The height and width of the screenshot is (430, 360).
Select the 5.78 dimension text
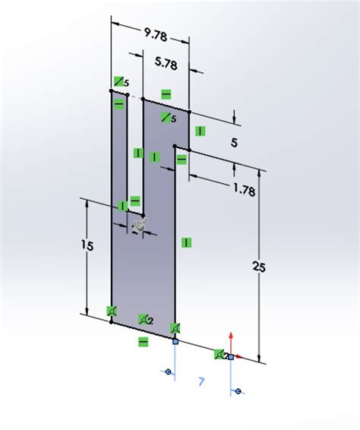coord(166,65)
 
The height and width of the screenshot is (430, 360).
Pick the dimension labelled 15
coord(90,246)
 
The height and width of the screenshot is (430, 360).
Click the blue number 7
coord(201,382)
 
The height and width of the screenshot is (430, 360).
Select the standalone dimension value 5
coord(235,142)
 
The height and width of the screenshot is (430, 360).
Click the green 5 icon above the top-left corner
coord(121,81)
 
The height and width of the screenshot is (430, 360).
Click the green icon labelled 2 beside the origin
coord(222,353)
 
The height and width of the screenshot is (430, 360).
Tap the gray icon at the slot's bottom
coord(139,225)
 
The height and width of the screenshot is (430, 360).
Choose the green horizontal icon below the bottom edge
coord(143,342)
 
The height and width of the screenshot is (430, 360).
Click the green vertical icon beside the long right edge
coord(187,242)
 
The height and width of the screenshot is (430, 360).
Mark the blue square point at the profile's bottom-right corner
coord(175,342)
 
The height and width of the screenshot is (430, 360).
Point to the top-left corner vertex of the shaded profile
coord(112,93)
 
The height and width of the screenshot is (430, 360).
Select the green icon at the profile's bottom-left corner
coord(112,310)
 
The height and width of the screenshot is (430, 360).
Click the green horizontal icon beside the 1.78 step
coord(182,159)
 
